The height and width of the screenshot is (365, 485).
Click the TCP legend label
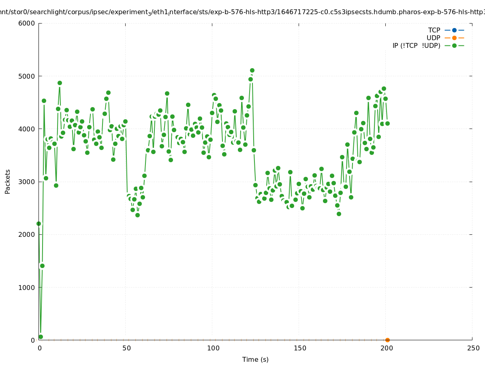pos(434,30)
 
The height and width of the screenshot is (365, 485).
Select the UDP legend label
pos(433,38)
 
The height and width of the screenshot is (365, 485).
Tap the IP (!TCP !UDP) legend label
pos(416,45)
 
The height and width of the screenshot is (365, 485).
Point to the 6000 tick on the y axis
pos(27,23)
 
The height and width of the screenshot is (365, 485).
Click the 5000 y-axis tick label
pos(27,76)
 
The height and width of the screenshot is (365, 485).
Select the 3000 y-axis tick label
pos(27,182)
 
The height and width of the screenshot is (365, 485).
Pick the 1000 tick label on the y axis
pos(27,288)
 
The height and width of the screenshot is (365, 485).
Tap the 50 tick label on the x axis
pos(126,348)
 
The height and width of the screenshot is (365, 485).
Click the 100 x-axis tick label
pos(213,348)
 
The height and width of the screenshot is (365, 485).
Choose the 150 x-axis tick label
pos(300,348)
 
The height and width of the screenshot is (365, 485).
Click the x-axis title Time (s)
pos(255,359)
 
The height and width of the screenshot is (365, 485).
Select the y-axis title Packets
pos(8,181)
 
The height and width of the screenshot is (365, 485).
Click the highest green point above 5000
pos(252,71)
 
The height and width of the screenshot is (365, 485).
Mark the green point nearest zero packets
pos(41,337)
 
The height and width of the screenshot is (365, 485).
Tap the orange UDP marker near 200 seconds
pos(387,340)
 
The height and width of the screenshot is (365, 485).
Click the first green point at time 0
pos(39,223)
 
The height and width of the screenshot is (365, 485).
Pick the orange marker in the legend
pos(454,38)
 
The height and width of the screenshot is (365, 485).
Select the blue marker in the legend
pos(454,30)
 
